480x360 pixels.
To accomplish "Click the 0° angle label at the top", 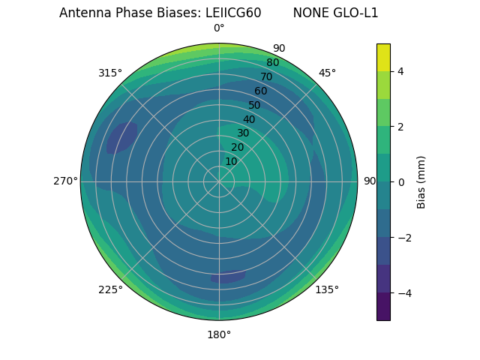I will [219, 28].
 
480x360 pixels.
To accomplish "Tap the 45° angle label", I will [327, 73].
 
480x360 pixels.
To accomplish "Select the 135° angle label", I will [327, 289].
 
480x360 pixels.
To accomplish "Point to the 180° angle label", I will [219, 334].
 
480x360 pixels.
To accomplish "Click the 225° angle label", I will [110, 289].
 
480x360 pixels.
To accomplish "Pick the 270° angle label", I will [66, 181].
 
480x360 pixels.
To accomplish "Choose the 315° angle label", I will [110, 73].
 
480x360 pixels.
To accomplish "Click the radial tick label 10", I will [231, 161].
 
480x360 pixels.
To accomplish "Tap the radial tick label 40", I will [249, 119].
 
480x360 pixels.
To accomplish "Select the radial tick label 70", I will [266, 76].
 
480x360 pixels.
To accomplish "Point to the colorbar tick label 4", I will [401, 71].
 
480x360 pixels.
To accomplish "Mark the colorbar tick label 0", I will [401, 181].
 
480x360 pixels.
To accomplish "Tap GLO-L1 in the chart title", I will [352, 13].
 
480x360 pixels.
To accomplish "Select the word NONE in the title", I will [309, 13].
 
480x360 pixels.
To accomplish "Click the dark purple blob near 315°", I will [121, 137].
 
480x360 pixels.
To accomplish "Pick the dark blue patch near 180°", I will [228, 277].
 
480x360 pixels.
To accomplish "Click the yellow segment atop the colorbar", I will [383, 57].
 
